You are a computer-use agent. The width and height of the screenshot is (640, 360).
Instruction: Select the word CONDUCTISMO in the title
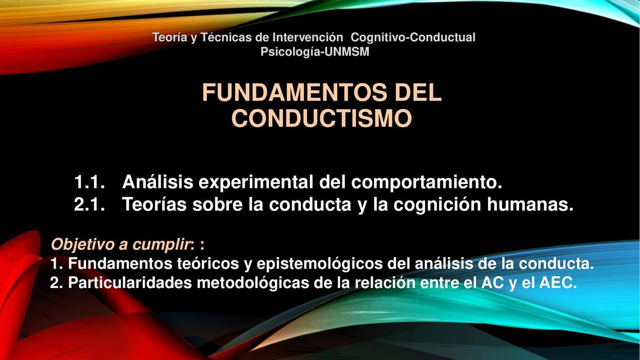pyautogui.click(x=322, y=119)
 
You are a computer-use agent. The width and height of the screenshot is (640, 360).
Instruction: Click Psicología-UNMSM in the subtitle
pyautogui.click(x=315, y=52)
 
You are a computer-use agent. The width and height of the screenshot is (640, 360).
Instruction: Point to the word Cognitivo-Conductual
pyautogui.click(x=413, y=38)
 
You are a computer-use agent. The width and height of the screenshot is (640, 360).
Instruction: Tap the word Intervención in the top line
pyautogui.click(x=308, y=38)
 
